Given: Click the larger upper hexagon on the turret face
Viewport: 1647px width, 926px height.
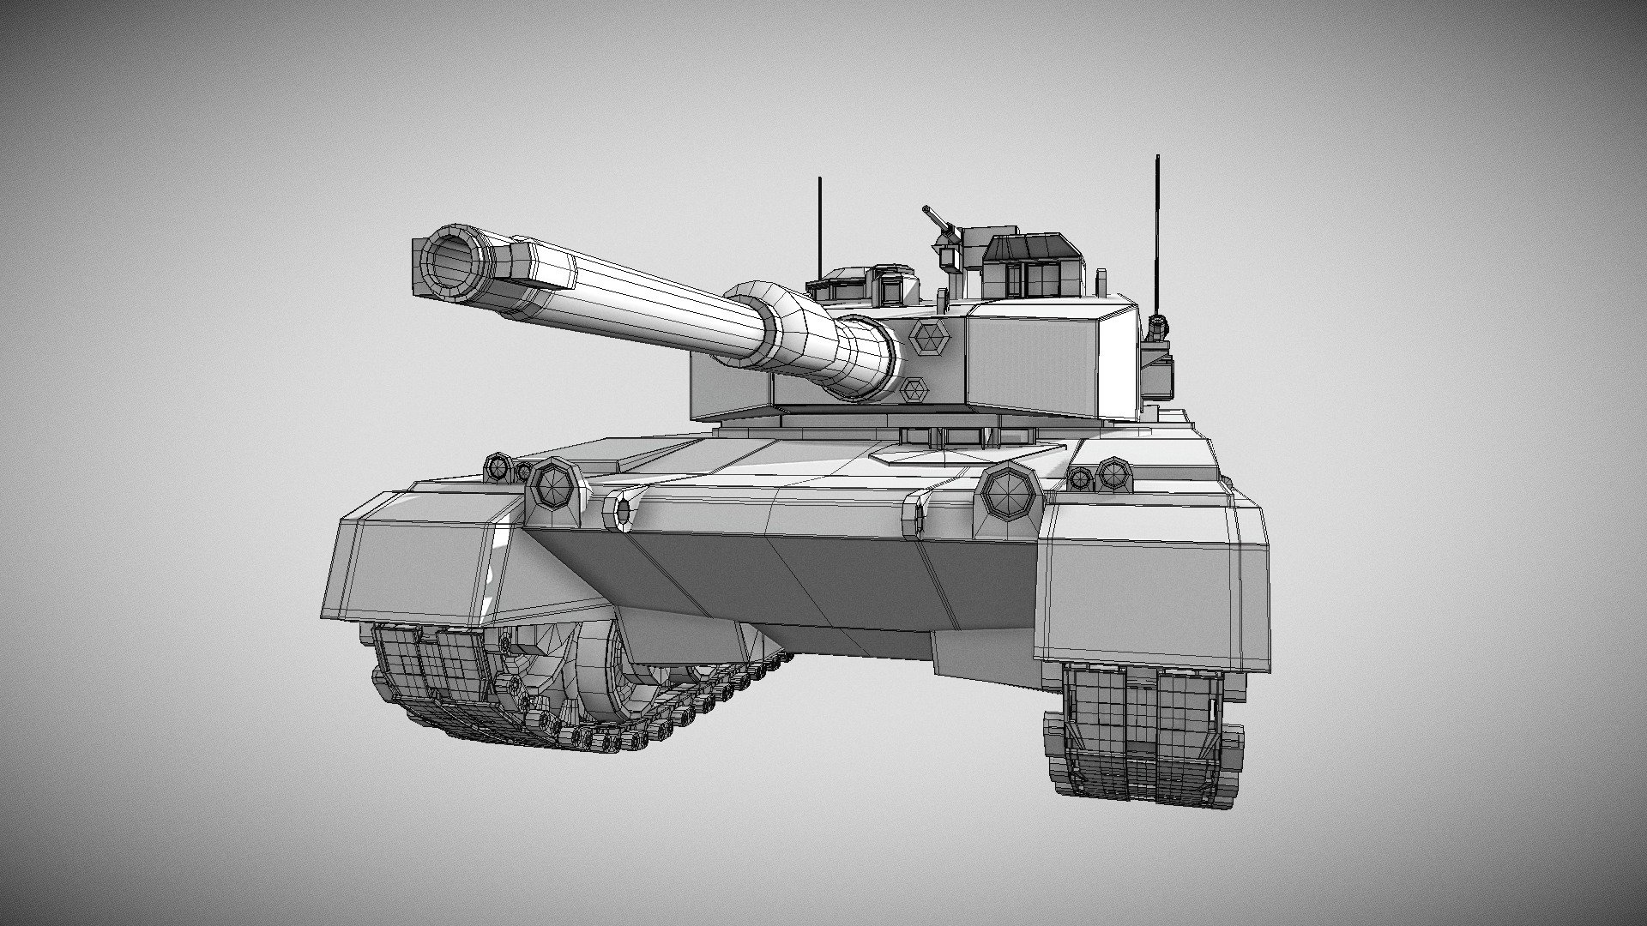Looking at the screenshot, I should point(928,336).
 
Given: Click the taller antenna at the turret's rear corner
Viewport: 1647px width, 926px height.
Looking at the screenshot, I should point(1157,231).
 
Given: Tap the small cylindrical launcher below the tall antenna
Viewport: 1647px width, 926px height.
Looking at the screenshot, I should point(1158,326).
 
